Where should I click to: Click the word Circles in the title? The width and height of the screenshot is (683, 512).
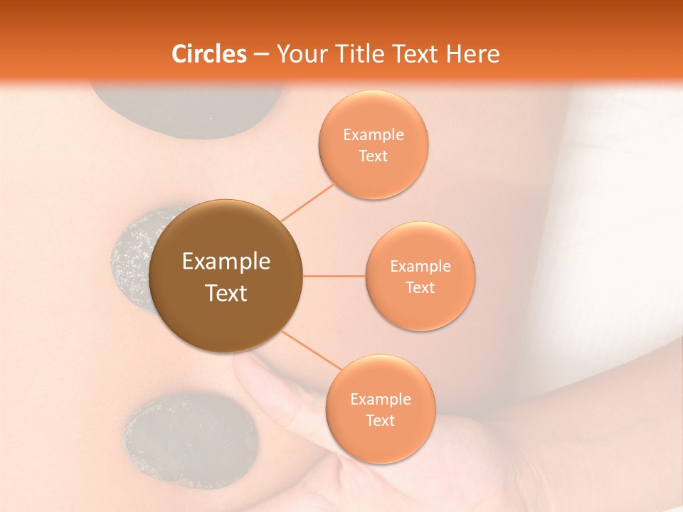[209, 54]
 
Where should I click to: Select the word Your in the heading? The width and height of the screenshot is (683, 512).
[301, 54]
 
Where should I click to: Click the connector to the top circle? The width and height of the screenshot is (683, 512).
[307, 202]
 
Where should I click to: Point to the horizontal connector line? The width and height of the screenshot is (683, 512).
[334, 276]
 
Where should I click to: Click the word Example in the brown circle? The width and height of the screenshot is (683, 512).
[226, 262]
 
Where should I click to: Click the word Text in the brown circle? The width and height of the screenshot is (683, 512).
[226, 293]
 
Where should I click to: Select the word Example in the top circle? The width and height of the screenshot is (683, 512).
[374, 135]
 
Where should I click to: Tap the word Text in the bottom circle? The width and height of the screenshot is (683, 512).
[380, 421]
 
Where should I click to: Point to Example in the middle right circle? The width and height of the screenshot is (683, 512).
[420, 267]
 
